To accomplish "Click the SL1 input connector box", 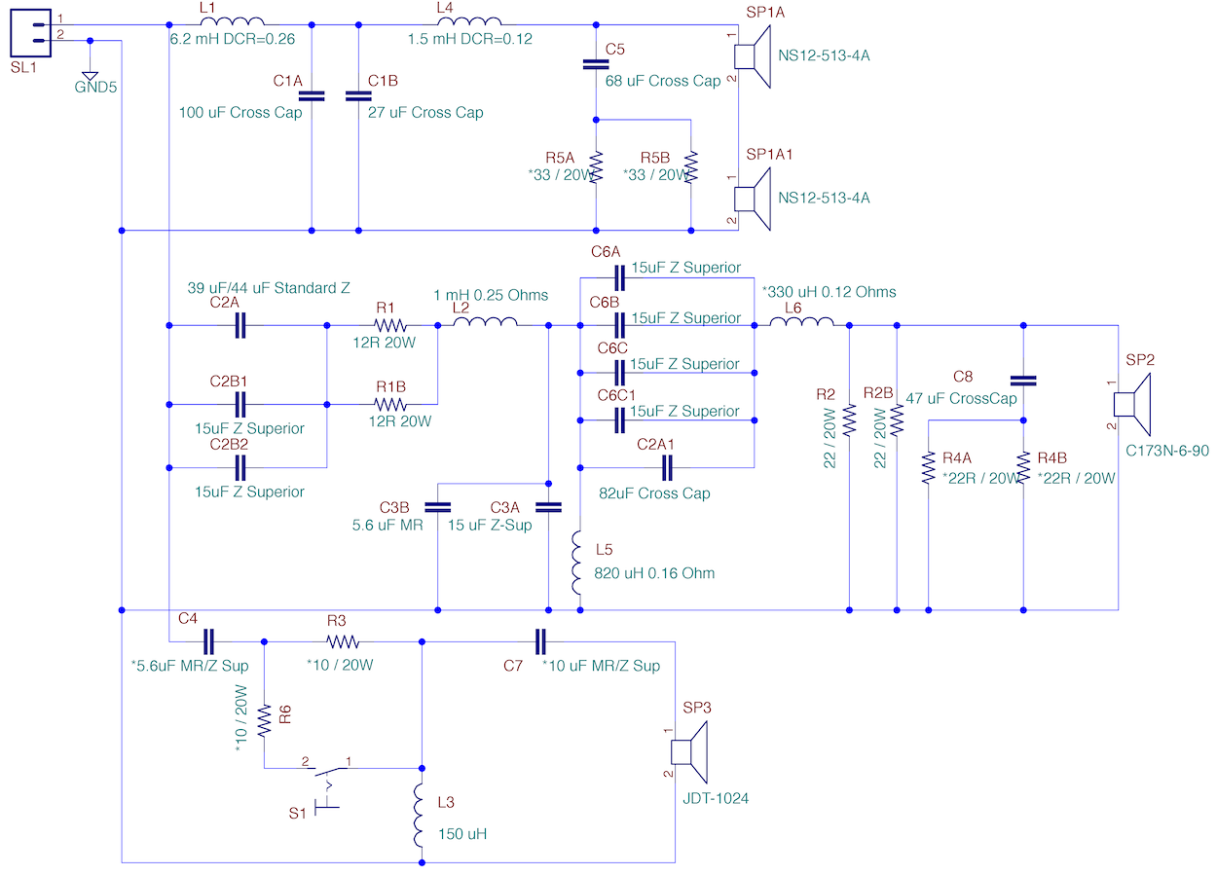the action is coord(31,33).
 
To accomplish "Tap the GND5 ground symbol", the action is coord(91,77).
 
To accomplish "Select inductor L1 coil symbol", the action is coord(233,21).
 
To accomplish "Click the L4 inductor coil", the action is coord(469,21).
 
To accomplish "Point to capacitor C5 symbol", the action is coord(596,64).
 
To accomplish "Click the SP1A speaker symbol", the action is coord(753,56).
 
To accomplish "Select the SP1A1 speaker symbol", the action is coord(753,199).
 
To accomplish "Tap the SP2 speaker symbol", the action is coord(1131,404).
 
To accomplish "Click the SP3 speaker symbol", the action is coord(689,751).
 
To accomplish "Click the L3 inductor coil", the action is coord(418,815).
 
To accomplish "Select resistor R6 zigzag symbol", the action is coord(264,720).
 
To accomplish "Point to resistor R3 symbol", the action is coord(343,642).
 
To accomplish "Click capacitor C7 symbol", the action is coord(540,642).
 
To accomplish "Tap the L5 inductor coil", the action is coord(576,563).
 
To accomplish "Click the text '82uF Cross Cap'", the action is coord(654,493).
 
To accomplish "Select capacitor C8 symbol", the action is coord(1023,381).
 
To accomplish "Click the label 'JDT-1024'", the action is coord(716,798).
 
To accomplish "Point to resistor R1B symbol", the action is coord(390,405).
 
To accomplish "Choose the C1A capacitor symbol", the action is coord(312,96).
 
